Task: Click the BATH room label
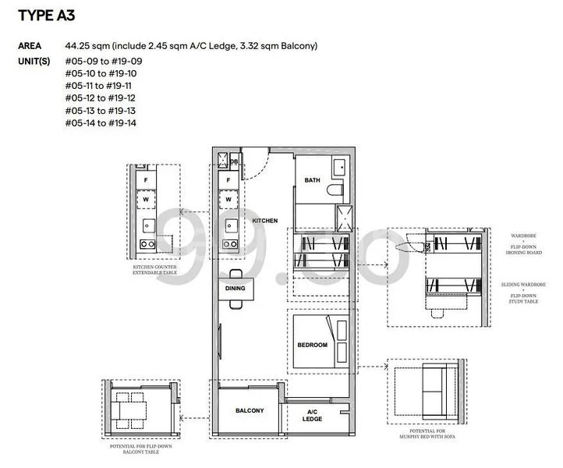(x=312, y=180)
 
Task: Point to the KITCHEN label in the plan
(x=265, y=221)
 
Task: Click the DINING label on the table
(x=235, y=288)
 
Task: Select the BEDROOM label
(x=312, y=344)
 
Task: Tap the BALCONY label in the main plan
(x=250, y=410)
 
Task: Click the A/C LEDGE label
(x=313, y=415)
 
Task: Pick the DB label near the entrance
(x=233, y=161)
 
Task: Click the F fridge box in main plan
(x=228, y=179)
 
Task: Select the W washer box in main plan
(x=228, y=200)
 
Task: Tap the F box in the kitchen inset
(x=144, y=179)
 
